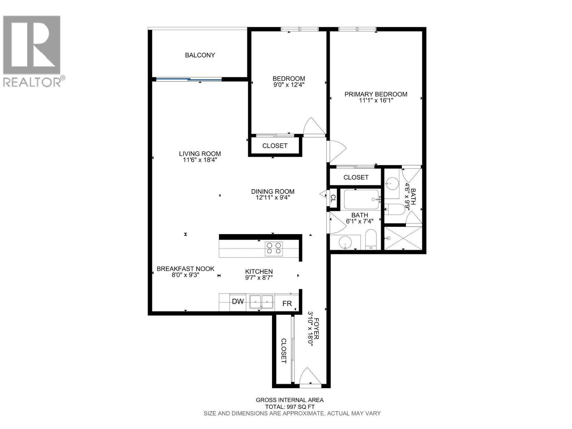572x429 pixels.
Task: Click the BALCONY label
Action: click(200, 55)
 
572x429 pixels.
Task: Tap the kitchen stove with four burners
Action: click(273, 248)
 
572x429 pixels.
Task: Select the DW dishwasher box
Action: click(238, 302)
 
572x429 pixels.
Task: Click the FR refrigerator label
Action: click(287, 304)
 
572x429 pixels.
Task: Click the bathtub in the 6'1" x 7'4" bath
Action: click(361, 199)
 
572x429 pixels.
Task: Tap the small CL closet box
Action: click(333, 198)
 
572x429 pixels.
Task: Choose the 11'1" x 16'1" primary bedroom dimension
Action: click(376, 101)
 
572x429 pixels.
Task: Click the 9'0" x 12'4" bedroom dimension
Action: click(289, 85)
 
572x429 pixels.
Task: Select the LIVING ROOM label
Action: click(200, 154)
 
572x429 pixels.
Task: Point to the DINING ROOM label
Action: click(272, 192)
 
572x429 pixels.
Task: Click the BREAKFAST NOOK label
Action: click(185, 269)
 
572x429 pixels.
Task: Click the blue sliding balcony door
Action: click(188, 79)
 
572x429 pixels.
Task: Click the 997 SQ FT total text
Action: click(290, 407)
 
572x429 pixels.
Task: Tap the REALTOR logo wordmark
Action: click(32, 82)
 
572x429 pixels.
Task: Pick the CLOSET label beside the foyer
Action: click(283, 351)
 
